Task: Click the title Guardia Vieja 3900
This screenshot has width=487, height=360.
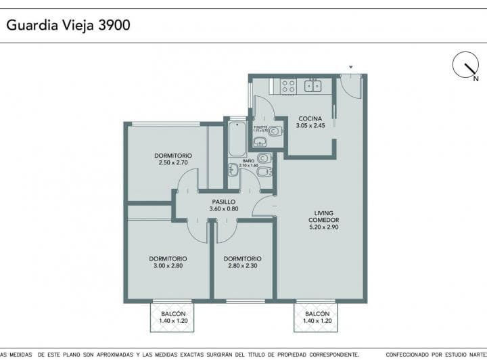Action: [x=68, y=25]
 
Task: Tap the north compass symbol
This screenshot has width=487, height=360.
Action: [x=465, y=65]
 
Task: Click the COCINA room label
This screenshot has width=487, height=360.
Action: [x=310, y=118]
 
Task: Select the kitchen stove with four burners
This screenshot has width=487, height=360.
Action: [x=288, y=86]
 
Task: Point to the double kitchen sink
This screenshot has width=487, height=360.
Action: [x=313, y=86]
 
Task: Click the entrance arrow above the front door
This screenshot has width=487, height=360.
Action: [x=350, y=67]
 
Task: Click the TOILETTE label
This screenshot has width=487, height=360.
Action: [x=261, y=127]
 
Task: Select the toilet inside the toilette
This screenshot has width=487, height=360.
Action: [x=274, y=132]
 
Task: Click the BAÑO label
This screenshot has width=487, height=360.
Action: [x=248, y=161]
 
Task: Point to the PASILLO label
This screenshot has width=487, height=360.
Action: [x=223, y=202]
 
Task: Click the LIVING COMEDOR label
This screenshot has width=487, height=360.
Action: [x=323, y=217]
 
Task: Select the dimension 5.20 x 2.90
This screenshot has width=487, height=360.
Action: [x=323, y=228]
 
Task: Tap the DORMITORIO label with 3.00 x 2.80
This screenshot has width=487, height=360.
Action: [x=168, y=258]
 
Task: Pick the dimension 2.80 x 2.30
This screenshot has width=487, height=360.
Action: [x=242, y=266]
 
